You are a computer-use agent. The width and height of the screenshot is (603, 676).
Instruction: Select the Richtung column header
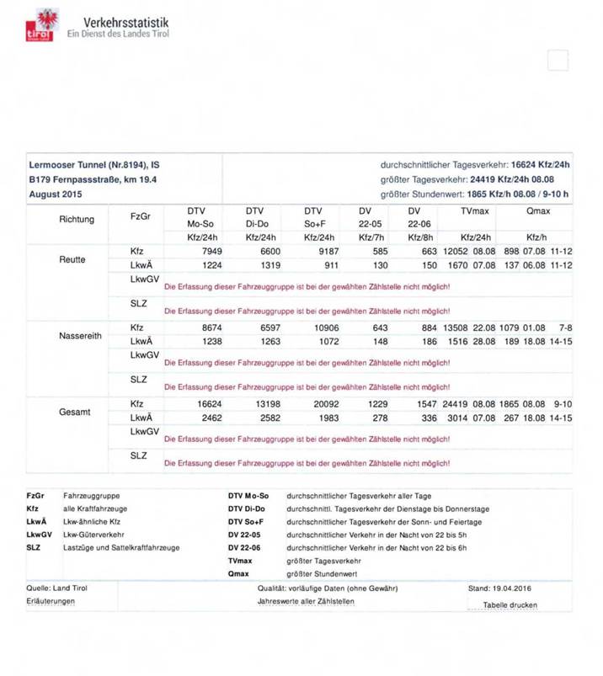(77, 219)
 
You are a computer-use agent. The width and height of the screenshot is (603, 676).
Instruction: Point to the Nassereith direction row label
(80, 335)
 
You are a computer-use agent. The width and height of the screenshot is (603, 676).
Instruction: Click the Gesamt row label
(75, 412)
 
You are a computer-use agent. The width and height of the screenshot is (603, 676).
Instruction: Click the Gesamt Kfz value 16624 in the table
(205, 404)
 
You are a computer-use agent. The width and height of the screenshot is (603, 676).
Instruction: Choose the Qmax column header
(537, 210)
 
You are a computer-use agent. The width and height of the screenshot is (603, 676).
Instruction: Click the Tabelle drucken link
(510, 604)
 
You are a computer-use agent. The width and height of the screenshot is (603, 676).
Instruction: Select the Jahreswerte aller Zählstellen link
(306, 601)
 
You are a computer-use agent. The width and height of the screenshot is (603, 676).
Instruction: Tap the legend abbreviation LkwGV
(40, 534)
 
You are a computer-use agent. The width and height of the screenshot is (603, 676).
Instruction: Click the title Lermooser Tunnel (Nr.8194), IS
(93, 165)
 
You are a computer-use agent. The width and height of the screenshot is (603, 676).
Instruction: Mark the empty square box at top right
(558, 61)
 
